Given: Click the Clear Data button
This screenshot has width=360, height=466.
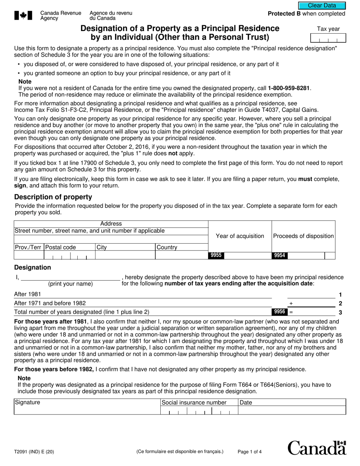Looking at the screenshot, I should click(322, 6).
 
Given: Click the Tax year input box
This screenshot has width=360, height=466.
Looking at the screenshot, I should click(328, 38).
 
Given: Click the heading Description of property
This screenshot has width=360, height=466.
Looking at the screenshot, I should click(53, 197).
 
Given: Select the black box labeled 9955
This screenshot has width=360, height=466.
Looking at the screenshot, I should click(216, 255).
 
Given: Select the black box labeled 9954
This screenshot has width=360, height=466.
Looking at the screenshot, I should click(279, 255).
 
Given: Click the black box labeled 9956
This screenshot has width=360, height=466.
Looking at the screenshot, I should click(279, 312).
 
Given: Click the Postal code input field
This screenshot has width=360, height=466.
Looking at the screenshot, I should click(69, 256).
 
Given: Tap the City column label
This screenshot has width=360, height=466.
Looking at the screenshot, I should click(102, 247).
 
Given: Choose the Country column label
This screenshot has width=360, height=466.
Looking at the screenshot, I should click(167, 247).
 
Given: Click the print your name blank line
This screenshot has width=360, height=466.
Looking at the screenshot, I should click(70, 277).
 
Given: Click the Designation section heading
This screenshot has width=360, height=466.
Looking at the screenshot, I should click(33, 267).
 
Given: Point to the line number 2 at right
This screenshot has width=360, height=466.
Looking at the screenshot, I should click(340, 303).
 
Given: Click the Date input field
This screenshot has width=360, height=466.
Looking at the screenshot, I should click(291, 410).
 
